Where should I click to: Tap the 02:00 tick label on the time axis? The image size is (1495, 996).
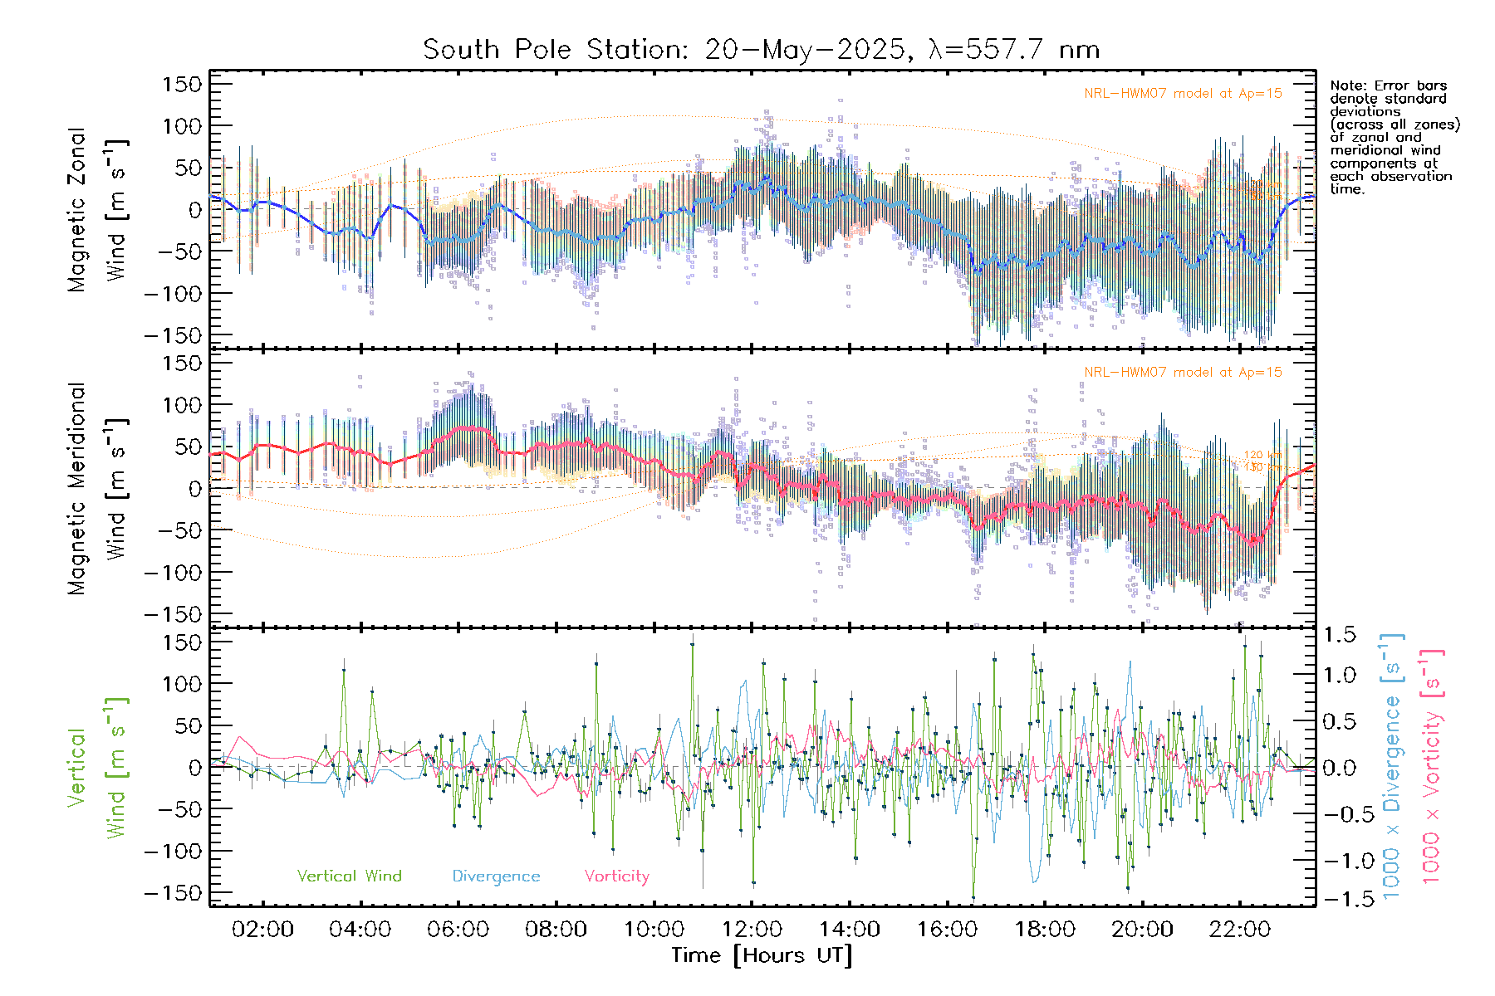click(x=262, y=930)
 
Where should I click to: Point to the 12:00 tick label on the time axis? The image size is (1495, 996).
click(x=751, y=930)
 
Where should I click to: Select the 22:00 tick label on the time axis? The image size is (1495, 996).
click(x=1239, y=930)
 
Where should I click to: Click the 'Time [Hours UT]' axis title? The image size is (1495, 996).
click(x=761, y=955)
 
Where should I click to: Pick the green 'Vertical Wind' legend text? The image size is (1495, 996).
click(x=349, y=876)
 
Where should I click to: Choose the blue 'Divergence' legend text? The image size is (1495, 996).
click(x=496, y=876)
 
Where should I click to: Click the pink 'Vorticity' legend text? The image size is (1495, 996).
click(x=616, y=876)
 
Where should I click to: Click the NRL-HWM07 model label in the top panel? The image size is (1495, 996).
click(x=1183, y=94)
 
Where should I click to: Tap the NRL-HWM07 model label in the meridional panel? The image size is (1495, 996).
click(x=1183, y=373)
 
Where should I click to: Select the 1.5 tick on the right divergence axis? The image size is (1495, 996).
click(x=1339, y=635)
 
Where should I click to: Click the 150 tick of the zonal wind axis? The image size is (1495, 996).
click(x=182, y=85)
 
